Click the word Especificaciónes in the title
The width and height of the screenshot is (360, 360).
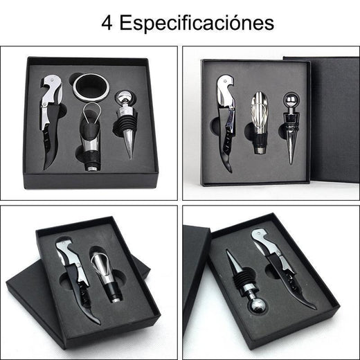197,23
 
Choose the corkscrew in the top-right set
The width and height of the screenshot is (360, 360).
226,118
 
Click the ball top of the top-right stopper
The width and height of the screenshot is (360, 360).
289,99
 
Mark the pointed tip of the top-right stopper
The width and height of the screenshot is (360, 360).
291,161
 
